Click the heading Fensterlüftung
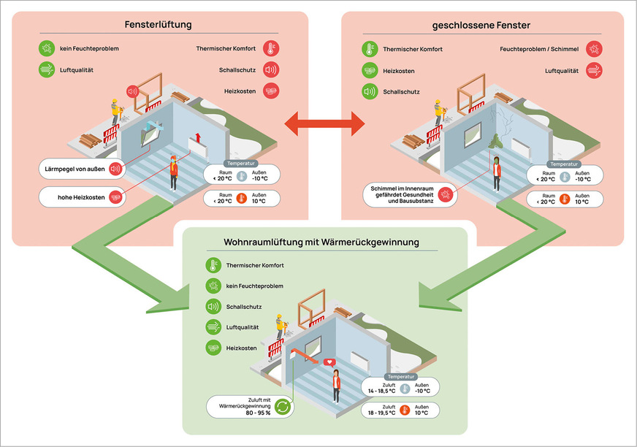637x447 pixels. tap(159, 25)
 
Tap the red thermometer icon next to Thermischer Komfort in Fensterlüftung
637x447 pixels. tap(271, 49)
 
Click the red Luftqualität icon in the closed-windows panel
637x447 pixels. tap(595, 70)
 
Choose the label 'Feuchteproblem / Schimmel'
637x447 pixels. tap(539, 49)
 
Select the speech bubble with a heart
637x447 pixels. tap(329, 362)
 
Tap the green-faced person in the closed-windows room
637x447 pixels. tap(497, 174)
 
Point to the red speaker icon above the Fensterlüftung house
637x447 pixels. tap(132, 92)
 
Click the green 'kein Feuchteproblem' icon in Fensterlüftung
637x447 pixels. tap(47, 49)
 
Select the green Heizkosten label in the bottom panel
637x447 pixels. tap(242, 348)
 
